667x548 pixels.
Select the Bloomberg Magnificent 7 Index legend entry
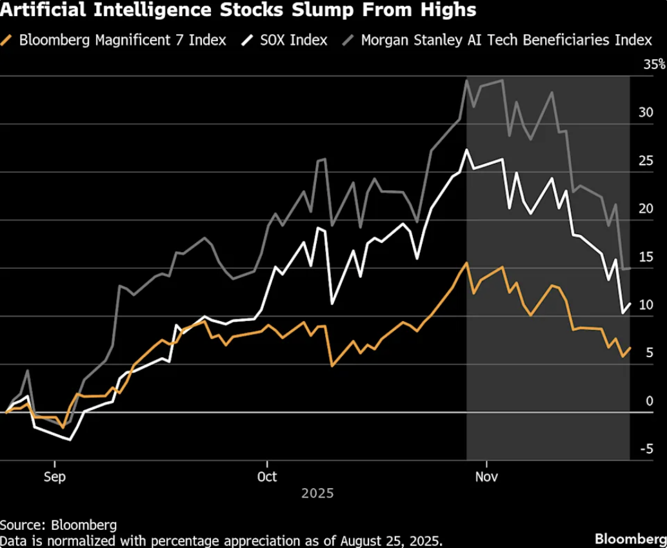pos(114,40)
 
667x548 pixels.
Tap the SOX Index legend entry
pos(284,40)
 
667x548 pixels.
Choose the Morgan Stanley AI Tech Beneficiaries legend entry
pos(497,40)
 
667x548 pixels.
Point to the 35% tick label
pos(654,64)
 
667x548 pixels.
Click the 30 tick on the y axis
pos(646,112)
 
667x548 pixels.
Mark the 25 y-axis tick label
pos(646,161)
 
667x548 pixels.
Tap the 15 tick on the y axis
pos(646,257)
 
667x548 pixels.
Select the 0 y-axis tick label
pos(649,401)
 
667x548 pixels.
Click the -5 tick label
pos(646,449)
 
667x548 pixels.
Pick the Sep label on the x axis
pos(55,477)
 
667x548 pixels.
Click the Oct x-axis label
pos(267,477)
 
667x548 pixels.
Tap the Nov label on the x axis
pos(486,477)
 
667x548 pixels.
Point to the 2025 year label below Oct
pos(318,493)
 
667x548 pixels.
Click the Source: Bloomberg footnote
pos(58,525)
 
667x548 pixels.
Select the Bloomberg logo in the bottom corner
pos(630,538)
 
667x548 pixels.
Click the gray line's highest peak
pos(466,80)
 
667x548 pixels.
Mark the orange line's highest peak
pos(466,263)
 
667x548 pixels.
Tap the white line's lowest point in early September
pos(70,440)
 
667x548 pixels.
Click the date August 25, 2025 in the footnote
pos(392,541)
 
